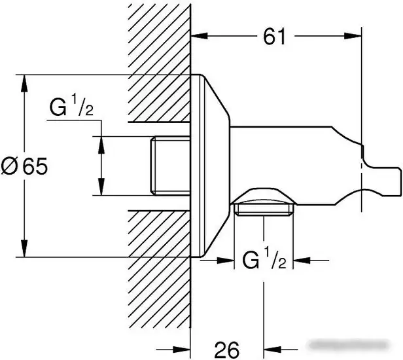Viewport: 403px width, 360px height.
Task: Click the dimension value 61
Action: tap(274, 37)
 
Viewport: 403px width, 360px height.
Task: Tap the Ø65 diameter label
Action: tap(24, 166)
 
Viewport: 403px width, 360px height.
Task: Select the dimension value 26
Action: tap(226, 350)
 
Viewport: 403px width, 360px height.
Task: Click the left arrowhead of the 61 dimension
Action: tap(200, 36)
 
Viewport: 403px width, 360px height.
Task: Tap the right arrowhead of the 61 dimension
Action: tap(353, 36)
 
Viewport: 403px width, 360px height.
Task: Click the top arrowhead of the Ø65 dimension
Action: tap(24, 83)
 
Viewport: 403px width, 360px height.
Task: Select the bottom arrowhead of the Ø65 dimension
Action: tap(24, 249)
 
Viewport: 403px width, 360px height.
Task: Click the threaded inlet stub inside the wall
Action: tap(170, 166)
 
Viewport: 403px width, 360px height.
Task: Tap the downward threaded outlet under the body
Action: tap(264, 209)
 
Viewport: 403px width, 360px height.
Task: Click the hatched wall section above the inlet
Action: tap(160, 63)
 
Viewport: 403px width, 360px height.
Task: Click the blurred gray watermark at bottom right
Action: tap(349, 344)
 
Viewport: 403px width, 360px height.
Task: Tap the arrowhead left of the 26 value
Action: tap(181, 350)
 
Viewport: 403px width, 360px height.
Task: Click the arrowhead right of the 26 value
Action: tap(272, 350)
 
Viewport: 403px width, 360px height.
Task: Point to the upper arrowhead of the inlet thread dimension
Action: tap(101, 145)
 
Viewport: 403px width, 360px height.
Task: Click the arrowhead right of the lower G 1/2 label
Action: tap(302, 261)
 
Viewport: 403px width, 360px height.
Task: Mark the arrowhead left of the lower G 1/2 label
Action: tap(226, 261)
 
